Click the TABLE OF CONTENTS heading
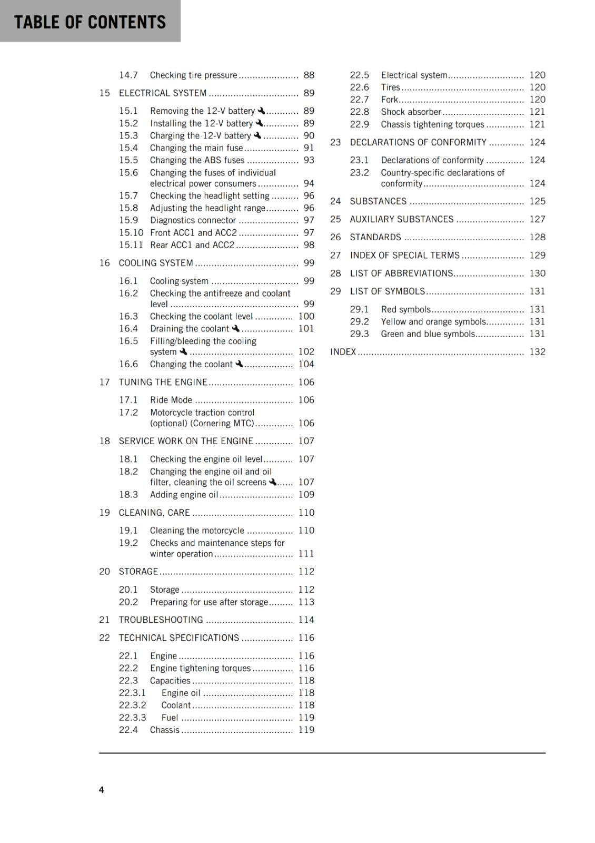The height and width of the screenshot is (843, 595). [x=90, y=22]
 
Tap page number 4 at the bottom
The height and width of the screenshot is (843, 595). [x=102, y=789]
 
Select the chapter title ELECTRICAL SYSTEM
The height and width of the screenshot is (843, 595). [x=162, y=93]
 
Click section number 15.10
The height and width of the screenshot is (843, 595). [x=131, y=233]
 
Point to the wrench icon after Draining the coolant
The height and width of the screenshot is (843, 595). [x=235, y=328]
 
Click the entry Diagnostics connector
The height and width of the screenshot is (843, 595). [x=193, y=220]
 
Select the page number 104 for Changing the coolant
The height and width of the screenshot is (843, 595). [x=306, y=364]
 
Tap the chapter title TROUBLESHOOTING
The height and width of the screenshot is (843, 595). [x=161, y=620]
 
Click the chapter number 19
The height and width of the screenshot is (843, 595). [x=104, y=513]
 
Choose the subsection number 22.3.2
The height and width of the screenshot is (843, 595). [x=132, y=705]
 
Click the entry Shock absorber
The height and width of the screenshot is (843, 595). [x=411, y=112]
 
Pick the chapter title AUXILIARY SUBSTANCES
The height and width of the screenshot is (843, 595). [x=401, y=219]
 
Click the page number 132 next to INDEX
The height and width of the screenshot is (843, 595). [x=537, y=352]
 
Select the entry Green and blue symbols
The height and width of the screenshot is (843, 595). [x=428, y=334]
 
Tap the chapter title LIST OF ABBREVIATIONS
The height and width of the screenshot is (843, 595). [x=401, y=273]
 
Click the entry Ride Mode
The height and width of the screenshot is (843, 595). [x=171, y=400]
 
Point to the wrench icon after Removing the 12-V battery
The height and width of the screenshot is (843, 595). [x=261, y=111]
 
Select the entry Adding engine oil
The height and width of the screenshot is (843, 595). [x=184, y=495]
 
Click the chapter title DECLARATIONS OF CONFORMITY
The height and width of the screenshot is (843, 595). [x=418, y=142]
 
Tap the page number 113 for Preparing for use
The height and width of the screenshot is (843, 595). [x=306, y=602]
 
